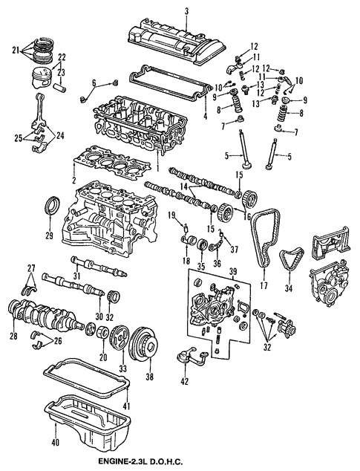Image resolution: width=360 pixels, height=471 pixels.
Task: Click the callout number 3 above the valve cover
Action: tap(186, 10)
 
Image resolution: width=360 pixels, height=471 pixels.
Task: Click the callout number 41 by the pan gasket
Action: tap(126, 406)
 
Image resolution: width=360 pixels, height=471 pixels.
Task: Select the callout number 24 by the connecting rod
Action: tap(60, 135)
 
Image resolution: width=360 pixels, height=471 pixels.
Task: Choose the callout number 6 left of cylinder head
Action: tap(94, 82)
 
